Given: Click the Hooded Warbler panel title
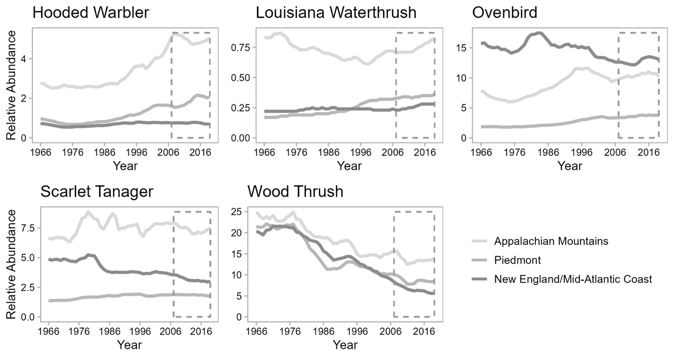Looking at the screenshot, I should click(91, 13).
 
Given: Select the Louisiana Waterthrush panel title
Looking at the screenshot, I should click(336, 13).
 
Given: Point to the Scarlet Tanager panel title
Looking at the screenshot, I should click(97, 192).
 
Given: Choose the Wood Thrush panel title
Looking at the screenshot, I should click(295, 192).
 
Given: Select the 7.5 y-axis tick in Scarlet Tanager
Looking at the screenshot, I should click(26, 229).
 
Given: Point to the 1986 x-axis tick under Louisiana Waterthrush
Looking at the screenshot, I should click(329, 153).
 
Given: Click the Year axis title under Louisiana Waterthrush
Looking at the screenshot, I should click(349, 166).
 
